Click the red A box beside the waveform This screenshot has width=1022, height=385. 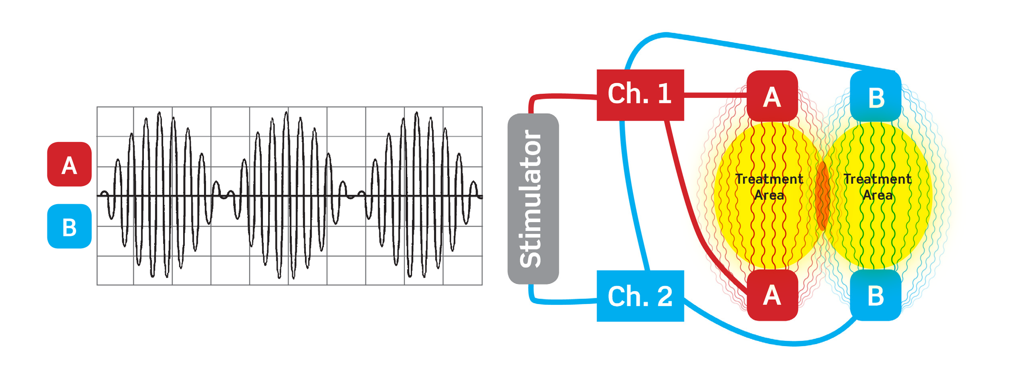click(x=69, y=164)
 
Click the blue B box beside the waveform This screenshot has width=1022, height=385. click(x=69, y=226)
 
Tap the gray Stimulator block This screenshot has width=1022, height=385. click(x=533, y=199)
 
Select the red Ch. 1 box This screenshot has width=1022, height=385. click(x=640, y=95)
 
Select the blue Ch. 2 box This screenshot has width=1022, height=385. click(x=640, y=296)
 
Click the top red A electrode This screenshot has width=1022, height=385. click(x=772, y=96)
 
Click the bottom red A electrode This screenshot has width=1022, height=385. click(x=772, y=295)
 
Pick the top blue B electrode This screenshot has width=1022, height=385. click(x=875, y=96)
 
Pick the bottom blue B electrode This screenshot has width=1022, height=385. click(x=875, y=295)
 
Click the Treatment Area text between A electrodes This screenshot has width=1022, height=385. click(x=769, y=187)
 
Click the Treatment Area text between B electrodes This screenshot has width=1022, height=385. click(x=877, y=187)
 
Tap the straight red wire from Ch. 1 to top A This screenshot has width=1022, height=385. click(x=715, y=95)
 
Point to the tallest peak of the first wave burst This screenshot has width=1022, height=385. click(x=159, y=113)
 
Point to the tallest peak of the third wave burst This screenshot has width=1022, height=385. click(x=416, y=113)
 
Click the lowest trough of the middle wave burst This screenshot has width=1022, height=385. click(x=280, y=277)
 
